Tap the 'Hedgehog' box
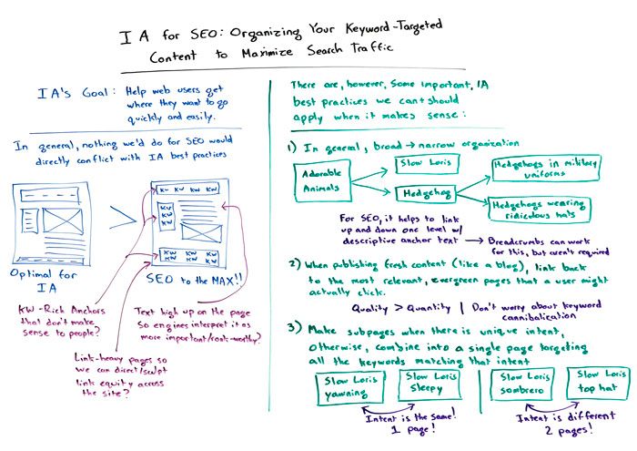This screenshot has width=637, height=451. coord(423,194)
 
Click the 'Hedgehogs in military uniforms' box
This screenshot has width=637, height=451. coord(537,168)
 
